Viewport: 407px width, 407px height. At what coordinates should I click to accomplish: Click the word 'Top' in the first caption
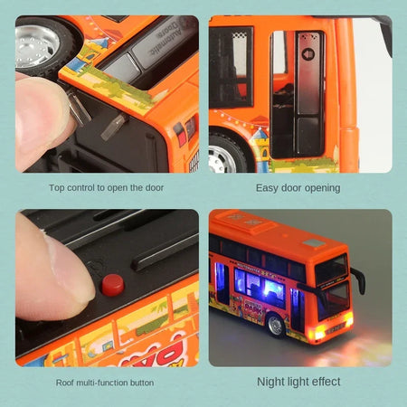(57, 188)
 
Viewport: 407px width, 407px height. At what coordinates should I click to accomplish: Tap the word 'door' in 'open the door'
(164, 188)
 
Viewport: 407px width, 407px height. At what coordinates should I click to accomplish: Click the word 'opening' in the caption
(320, 188)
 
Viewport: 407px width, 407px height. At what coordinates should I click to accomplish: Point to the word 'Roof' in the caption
(66, 382)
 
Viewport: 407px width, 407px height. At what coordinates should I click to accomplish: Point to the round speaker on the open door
(307, 54)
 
